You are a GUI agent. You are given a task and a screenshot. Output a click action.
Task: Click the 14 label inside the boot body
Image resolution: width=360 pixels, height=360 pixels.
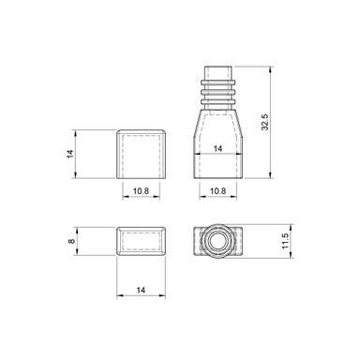(x=217, y=148)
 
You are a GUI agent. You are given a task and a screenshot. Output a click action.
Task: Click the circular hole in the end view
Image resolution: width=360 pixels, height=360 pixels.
(x=217, y=241)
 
